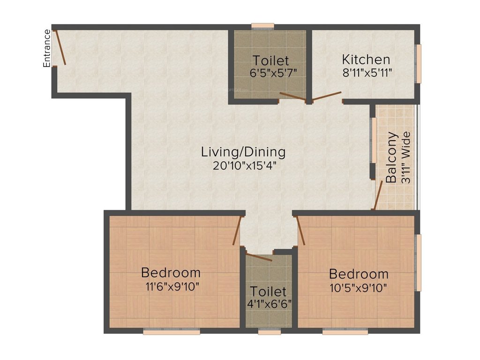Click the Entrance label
[47, 48]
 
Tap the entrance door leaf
[60, 47]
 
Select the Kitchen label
[366, 60]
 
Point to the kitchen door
[327, 97]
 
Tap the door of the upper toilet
[292, 96]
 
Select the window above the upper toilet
[262, 26]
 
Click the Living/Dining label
[243, 152]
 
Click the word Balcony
[392, 157]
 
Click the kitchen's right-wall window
[419, 63]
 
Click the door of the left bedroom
[237, 230]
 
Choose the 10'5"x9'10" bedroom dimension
[358, 287]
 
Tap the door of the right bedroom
[301, 231]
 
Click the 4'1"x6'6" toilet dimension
[269, 303]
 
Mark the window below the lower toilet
[269, 332]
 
